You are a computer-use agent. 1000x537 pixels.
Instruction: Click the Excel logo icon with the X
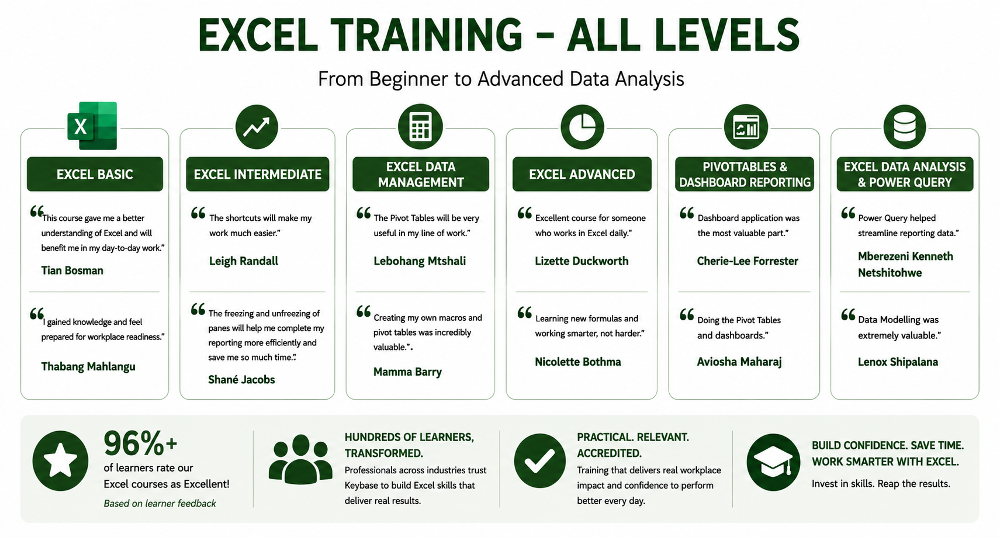click(92, 126)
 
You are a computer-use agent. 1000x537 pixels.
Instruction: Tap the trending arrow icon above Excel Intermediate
click(257, 127)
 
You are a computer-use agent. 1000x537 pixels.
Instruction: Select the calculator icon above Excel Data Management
click(420, 127)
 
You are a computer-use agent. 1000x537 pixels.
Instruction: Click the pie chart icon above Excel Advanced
click(582, 127)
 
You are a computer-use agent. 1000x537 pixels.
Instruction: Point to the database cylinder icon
click(905, 127)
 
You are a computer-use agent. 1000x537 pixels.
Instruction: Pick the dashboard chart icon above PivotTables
click(746, 127)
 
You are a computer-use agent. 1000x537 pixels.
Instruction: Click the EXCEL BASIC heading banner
click(95, 174)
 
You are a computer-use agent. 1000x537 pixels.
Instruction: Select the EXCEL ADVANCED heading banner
click(582, 174)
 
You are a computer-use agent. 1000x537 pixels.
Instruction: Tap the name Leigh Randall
click(243, 261)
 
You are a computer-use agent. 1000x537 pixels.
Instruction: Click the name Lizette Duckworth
click(582, 261)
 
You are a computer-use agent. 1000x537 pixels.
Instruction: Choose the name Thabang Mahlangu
click(88, 366)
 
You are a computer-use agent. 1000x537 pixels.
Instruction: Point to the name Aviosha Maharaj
click(739, 362)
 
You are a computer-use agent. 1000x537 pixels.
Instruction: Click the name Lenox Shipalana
click(898, 362)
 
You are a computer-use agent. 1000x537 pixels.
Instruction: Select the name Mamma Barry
click(407, 372)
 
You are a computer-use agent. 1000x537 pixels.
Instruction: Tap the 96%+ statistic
click(140, 444)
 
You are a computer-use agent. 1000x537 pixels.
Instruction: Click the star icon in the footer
click(60, 460)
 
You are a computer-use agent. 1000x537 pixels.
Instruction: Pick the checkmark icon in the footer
click(539, 460)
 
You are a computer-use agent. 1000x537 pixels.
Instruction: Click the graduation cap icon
click(773, 462)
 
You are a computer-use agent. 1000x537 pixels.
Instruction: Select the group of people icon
click(300, 459)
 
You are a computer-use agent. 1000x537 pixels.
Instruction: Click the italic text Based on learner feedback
click(160, 504)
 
